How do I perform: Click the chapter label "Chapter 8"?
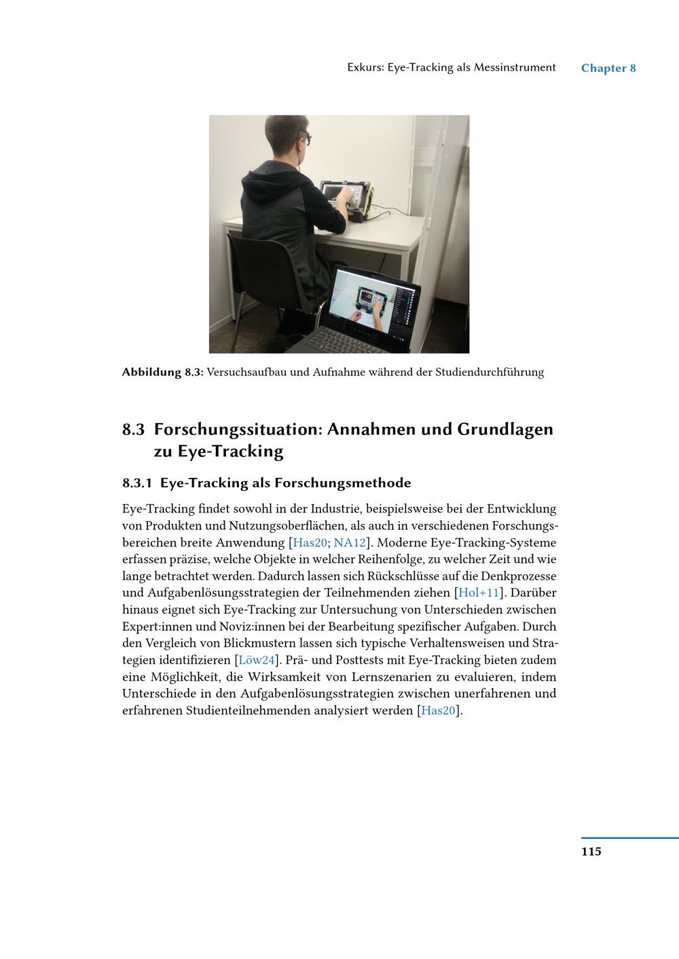(608, 68)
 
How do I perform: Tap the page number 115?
(591, 851)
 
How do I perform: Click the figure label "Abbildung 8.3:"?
(163, 372)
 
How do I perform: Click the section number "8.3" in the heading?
(134, 430)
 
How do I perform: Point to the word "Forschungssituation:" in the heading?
(238, 430)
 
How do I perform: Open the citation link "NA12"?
(350, 543)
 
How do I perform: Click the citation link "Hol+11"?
(479, 593)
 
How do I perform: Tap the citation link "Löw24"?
(256, 660)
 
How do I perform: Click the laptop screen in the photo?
(371, 302)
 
